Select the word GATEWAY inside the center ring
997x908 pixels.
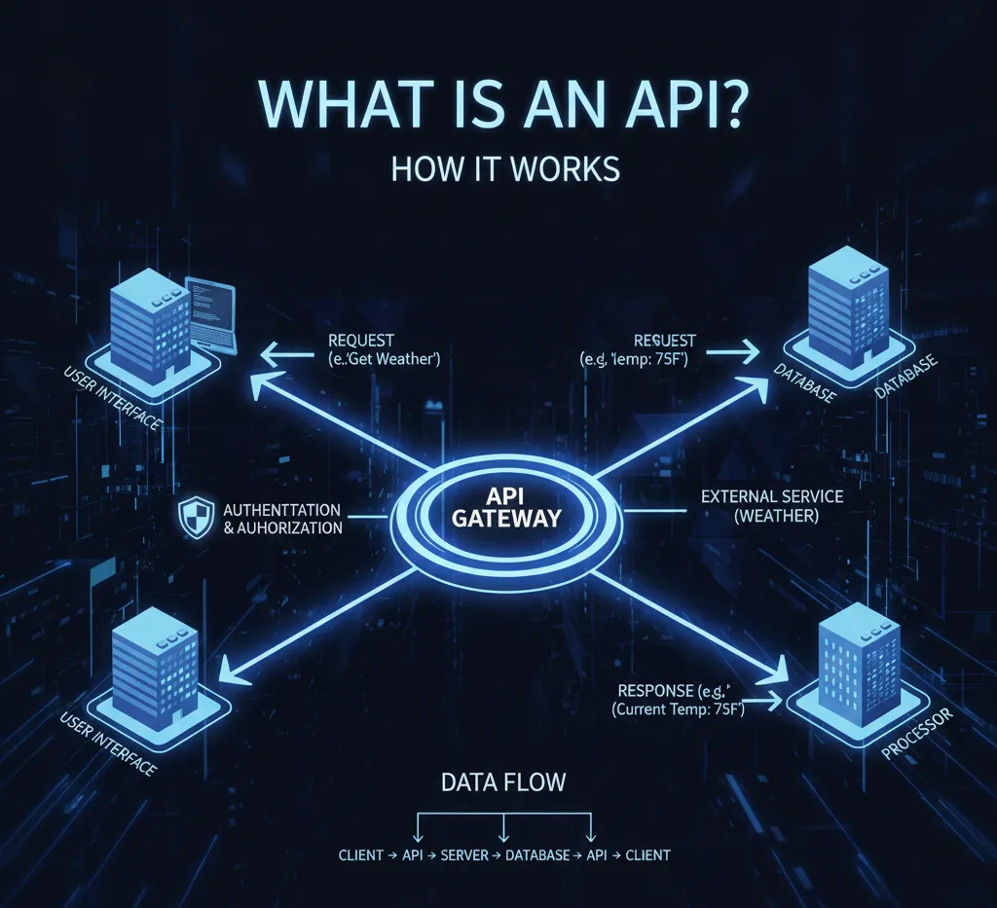[506, 517]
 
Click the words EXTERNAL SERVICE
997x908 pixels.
[772, 496]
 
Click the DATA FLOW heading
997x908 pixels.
[502, 781]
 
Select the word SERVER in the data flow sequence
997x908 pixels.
[463, 855]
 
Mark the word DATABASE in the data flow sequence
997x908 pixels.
[537, 855]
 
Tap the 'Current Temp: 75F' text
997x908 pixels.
[679, 710]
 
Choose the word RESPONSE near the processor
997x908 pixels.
[654, 690]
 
